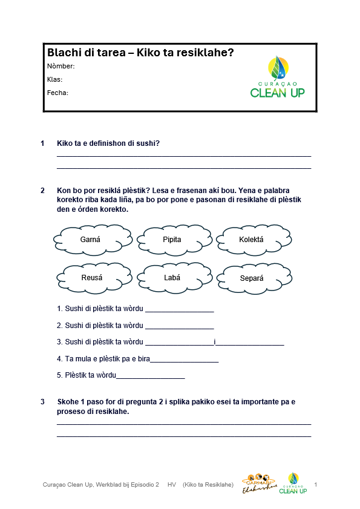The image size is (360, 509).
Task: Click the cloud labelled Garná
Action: [x=90, y=240]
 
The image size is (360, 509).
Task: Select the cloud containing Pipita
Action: [x=172, y=240]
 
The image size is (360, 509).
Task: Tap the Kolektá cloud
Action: [x=251, y=240]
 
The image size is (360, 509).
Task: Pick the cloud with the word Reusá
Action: [x=92, y=278]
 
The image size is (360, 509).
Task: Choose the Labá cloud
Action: [x=172, y=278]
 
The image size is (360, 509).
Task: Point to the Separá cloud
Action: [x=252, y=278]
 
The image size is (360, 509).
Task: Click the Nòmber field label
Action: [x=61, y=66]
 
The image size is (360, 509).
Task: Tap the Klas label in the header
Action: [x=54, y=79]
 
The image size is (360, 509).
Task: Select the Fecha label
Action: [x=57, y=93]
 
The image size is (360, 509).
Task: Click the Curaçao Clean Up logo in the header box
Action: [x=277, y=77]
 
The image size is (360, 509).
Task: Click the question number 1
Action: [x=42, y=143]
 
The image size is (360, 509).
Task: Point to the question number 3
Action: [x=42, y=402]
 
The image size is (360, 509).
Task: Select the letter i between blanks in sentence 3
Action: [x=215, y=342]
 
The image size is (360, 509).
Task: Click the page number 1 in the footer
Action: [x=316, y=485]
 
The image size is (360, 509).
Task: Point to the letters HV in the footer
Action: [x=172, y=485]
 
